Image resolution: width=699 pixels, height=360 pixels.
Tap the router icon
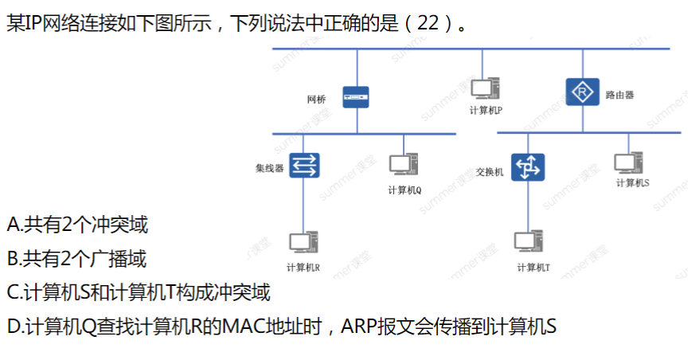coord(581,93)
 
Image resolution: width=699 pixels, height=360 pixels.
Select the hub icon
coord(304,166)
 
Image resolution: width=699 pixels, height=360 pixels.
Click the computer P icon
coord(484,91)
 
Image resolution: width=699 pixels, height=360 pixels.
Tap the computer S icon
coord(629,163)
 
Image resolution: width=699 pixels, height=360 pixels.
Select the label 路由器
coord(619,95)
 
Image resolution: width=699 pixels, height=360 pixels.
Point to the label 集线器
coord(269,168)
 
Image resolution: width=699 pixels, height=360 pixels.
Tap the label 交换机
coord(490,171)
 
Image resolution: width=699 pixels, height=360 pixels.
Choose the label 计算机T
coord(533,268)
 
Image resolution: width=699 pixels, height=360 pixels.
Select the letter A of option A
coord(12,225)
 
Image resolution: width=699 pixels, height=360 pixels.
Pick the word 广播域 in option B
coord(125,259)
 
